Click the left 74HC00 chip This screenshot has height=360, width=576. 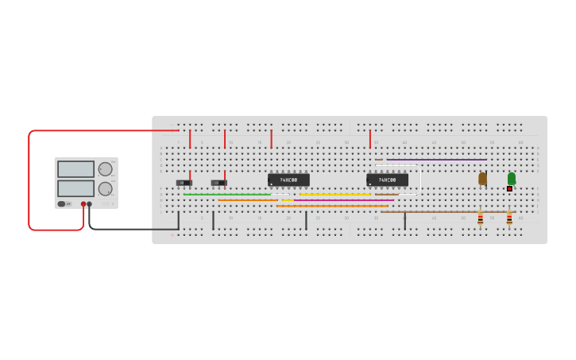tap(288, 180)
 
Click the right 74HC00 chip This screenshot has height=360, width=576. tap(387, 180)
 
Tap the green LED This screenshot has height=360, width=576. tap(512, 178)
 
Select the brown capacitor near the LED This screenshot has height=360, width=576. tap(482, 179)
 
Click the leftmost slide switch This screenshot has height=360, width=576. tap(184, 183)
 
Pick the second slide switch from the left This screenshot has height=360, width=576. tap(218, 183)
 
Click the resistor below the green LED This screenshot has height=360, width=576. tap(509, 218)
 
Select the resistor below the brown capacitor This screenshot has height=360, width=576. tap(480, 218)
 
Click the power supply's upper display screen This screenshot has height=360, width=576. tap(75, 169)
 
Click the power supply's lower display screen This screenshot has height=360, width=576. tap(75, 188)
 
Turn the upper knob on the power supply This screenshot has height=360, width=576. tap(105, 168)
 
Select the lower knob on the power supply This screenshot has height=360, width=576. tap(105, 188)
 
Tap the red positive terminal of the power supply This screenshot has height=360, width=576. tap(83, 204)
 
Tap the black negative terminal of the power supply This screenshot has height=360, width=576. tap(89, 204)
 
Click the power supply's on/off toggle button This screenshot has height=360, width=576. tap(62, 204)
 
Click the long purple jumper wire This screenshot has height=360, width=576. tap(436, 160)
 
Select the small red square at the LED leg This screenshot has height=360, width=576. tap(509, 188)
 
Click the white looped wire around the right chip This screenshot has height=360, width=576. tap(420, 179)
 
